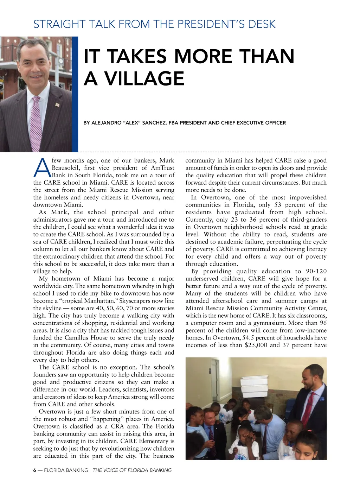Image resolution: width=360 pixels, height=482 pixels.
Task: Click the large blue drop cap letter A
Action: [42, 168]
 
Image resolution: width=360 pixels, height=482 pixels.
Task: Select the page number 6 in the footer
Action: [35, 470]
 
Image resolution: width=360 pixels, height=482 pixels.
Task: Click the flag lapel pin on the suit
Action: [57, 104]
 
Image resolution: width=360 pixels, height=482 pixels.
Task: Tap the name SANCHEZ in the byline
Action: [154, 123]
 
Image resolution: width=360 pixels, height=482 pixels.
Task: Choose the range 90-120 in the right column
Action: [316, 271]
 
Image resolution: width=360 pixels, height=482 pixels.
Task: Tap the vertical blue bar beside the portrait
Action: [75, 94]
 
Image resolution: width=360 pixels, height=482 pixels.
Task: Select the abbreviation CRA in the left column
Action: [118, 426]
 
